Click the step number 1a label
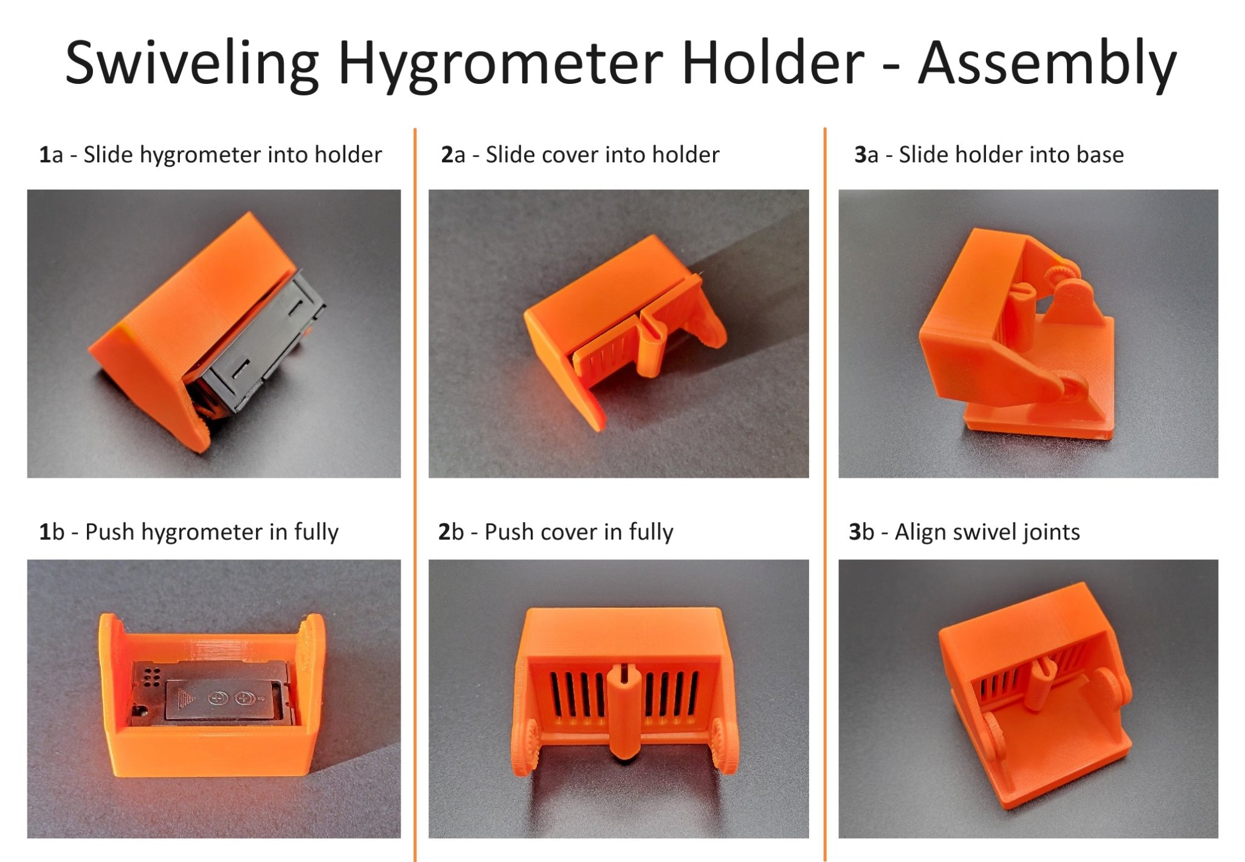pyautogui.click(x=51, y=154)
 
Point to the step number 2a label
pyautogui.click(x=453, y=154)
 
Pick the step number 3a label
pyautogui.click(x=866, y=154)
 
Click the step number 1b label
pyautogui.click(x=52, y=531)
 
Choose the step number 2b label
pyautogui.click(x=451, y=531)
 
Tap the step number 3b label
pyautogui.click(x=862, y=531)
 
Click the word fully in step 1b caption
pyautogui.click(x=316, y=533)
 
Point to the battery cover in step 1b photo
pyautogui.click(x=225, y=699)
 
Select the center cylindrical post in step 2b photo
pyautogui.click(x=623, y=711)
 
